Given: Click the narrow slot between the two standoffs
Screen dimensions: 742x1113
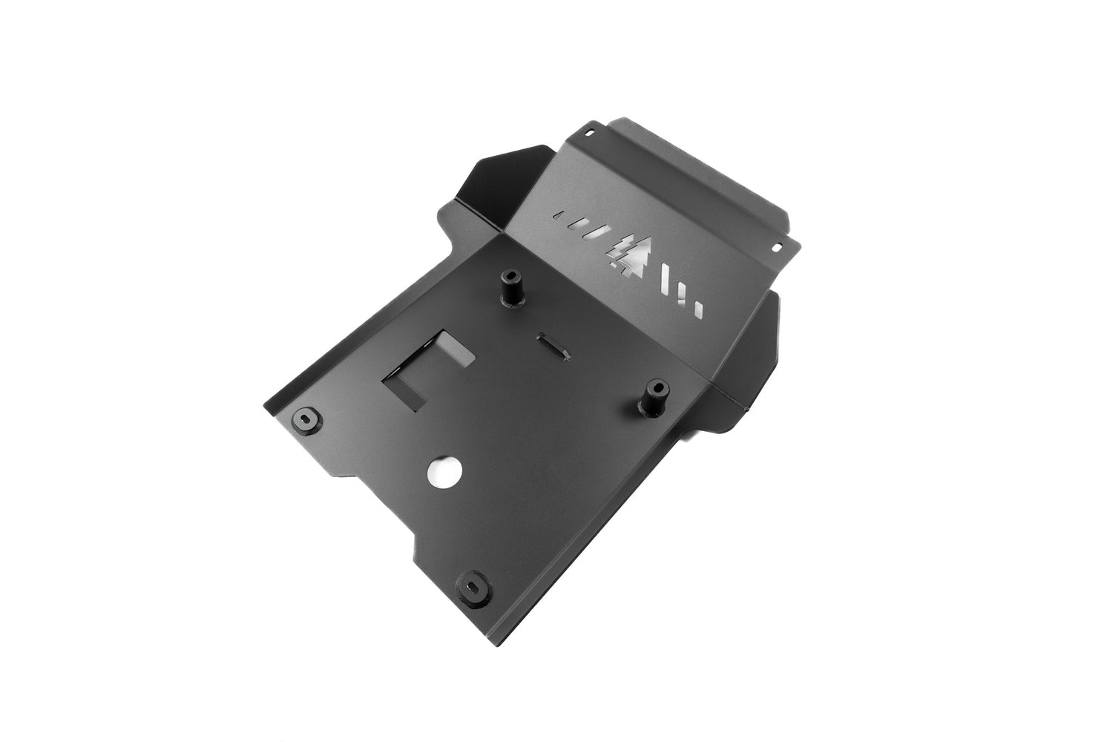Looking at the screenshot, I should pyautogui.click(x=553, y=344).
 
